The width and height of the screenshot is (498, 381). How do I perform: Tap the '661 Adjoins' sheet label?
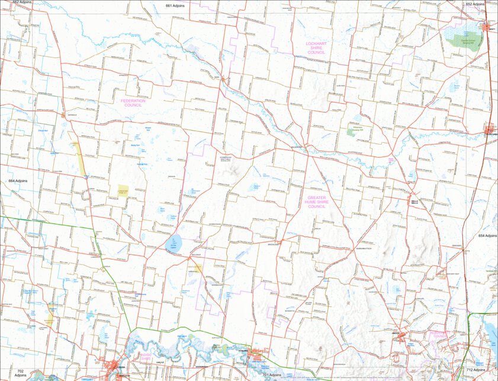point(176,5)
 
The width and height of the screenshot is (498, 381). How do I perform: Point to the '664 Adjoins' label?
point(18,180)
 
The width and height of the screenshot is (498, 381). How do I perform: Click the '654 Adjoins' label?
point(487,236)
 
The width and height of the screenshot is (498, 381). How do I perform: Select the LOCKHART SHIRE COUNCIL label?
point(317,47)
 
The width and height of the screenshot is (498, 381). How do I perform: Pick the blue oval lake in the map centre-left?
point(175,242)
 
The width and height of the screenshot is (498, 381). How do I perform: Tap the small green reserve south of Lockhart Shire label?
point(352,132)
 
